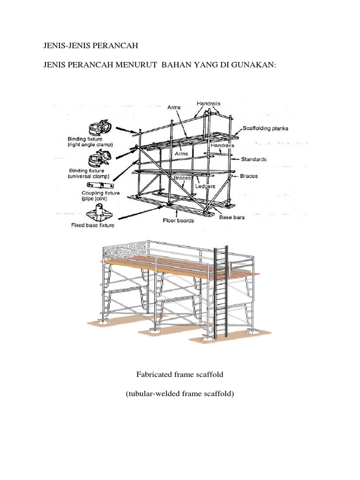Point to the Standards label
pyautogui.click(x=254, y=159)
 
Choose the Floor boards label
pyautogui.click(x=178, y=220)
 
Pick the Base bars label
pyautogui.click(x=232, y=217)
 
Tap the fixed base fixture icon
pyautogui.click(x=98, y=212)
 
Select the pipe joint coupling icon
pyautogui.click(x=99, y=186)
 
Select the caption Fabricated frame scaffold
pyautogui.click(x=180, y=375)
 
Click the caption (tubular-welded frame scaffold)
pyautogui.click(x=180, y=394)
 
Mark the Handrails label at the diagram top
pyautogui.click(x=209, y=103)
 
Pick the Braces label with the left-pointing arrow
pyautogui.click(x=249, y=176)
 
